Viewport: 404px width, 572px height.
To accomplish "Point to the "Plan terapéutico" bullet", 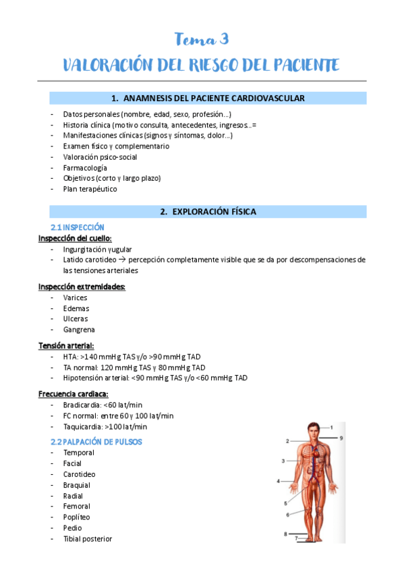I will point(90,190).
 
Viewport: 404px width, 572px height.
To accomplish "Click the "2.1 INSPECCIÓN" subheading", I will point(78,227).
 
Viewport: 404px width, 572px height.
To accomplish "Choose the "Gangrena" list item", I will point(79,330).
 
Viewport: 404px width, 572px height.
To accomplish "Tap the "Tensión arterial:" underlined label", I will point(66,346).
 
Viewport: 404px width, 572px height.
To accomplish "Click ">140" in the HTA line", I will point(88,357).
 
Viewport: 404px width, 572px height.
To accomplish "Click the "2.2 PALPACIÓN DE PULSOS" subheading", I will point(96,442).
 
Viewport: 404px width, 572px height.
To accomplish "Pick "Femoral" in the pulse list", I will point(77,507).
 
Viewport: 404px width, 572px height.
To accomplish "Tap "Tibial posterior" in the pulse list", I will point(88,539).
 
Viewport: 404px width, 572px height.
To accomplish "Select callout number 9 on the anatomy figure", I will point(341,438).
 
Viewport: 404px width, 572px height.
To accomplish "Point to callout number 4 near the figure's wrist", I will point(279,481).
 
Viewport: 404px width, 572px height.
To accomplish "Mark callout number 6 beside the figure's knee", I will point(287,515).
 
